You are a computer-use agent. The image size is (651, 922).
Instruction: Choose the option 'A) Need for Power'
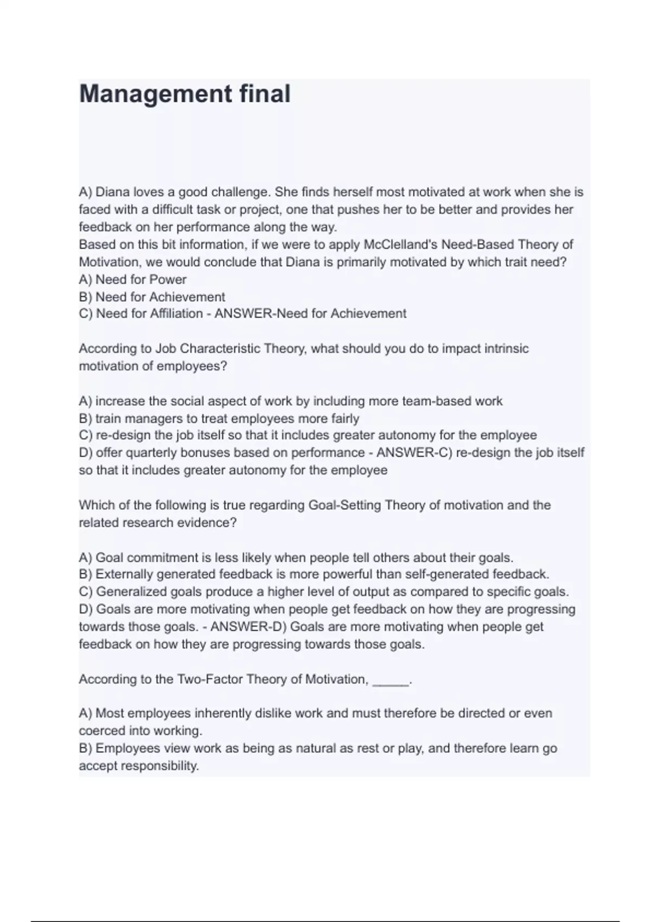[x=132, y=279]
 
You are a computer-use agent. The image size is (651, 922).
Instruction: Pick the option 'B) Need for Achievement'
[x=152, y=297]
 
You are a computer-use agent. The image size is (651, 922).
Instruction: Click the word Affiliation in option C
[x=176, y=313]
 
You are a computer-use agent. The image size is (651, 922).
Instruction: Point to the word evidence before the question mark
[x=207, y=522]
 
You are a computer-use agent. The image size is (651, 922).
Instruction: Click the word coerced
[x=102, y=731]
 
